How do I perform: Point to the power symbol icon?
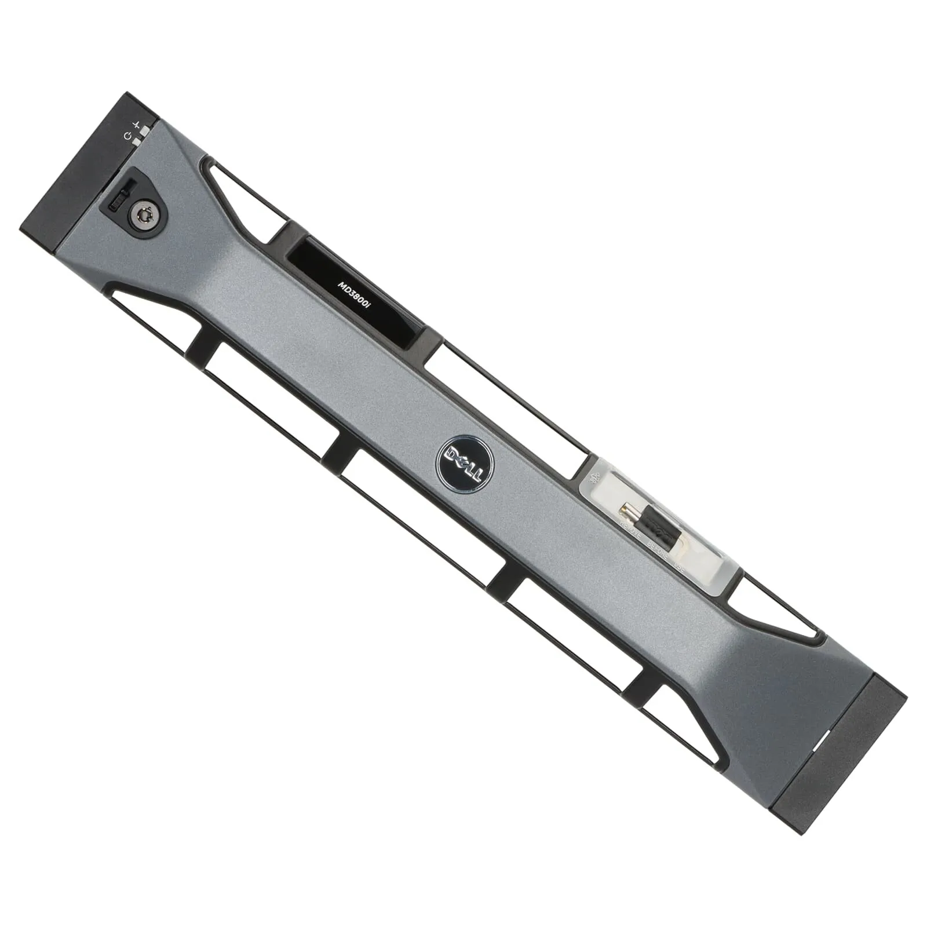pyautogui.click(x=128, y=136)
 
